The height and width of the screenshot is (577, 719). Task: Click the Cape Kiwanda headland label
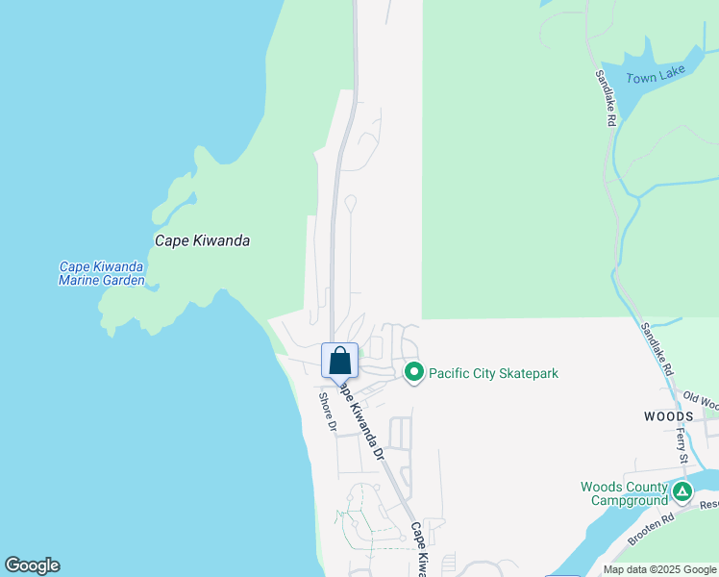(203, 241)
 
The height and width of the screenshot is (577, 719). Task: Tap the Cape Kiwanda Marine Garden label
(101, 274)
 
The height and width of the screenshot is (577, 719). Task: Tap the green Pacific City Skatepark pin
(414, 372)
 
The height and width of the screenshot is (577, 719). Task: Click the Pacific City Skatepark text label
(493, 373)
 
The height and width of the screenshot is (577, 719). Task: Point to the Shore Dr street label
(329, 411)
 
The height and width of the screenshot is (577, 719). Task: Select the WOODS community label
(668, 415)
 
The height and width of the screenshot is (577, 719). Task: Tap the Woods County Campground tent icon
(682, 492)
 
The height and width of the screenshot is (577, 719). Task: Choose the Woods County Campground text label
(623, 494)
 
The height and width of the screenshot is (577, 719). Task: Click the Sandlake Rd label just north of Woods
(658, 349)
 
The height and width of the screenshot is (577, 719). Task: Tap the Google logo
(32, 565)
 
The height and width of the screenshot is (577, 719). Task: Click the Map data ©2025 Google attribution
(658, 569)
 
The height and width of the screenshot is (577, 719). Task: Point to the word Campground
(629, 501)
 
